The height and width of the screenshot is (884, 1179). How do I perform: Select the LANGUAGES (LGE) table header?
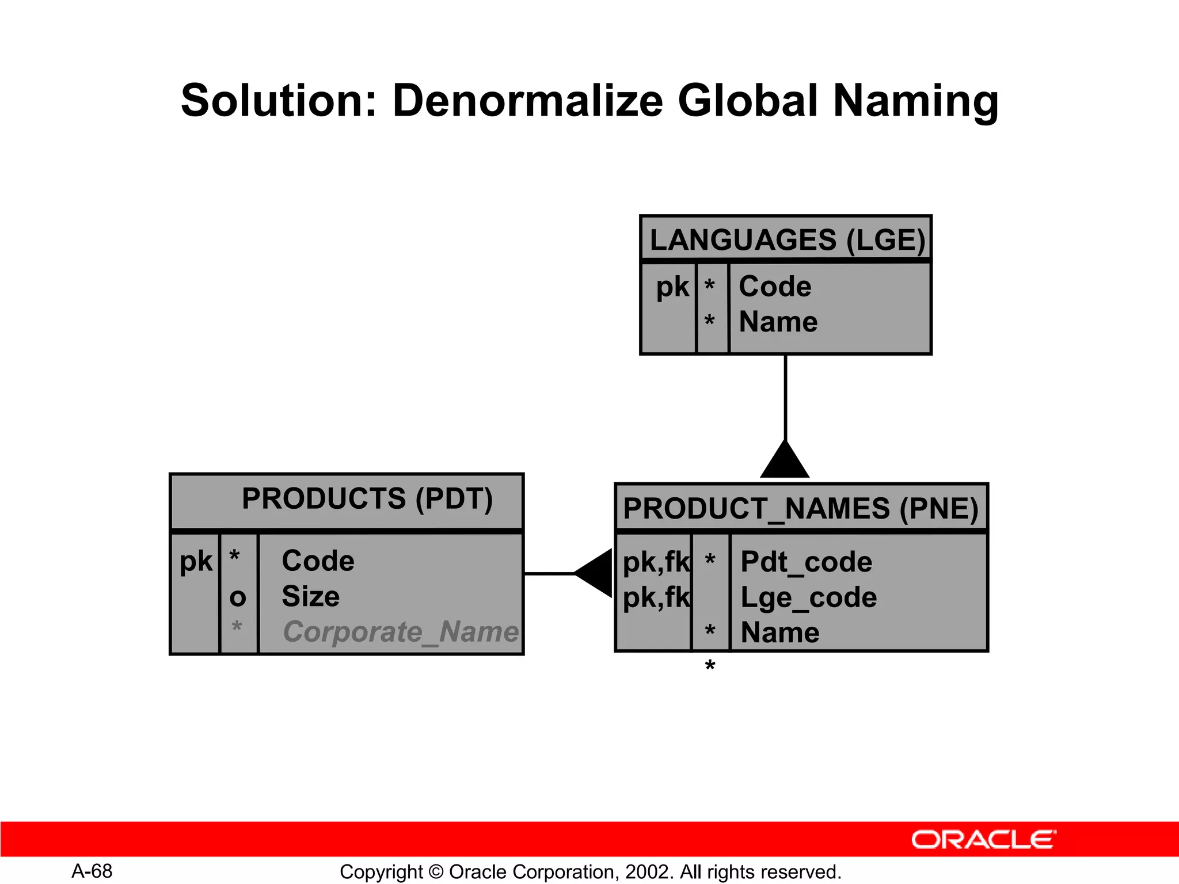click(786, 240)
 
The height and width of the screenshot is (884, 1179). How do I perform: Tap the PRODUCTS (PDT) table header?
click(367, 499)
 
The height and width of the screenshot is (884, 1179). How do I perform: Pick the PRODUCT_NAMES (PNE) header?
click(800, 509)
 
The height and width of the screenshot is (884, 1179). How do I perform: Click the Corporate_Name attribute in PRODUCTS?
click(401, 632)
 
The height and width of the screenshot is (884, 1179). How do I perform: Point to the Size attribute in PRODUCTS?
click(310, 596)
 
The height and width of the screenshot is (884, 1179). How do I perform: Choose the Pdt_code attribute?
click(806, 562)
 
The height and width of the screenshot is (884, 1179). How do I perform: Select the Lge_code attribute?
click(808, 597)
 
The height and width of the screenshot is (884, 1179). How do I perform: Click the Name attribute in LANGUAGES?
click(778, 322)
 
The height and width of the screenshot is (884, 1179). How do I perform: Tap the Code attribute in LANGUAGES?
click(775, 287)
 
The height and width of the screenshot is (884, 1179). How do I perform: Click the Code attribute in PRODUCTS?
click(318, 561)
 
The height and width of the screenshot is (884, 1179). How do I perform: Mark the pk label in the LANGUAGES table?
click(672, 287)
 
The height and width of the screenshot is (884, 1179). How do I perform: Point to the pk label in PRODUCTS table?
click(196, 562)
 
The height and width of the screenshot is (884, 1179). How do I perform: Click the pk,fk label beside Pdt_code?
click(656, 562)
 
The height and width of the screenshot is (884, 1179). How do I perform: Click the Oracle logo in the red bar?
click(983, 840)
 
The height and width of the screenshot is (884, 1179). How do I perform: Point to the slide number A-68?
click(92, 871)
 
